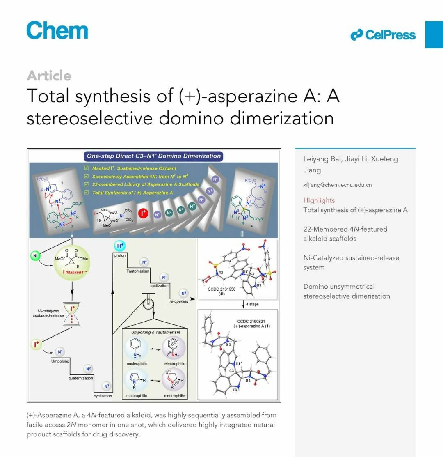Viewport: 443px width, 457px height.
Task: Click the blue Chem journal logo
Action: (57, 31)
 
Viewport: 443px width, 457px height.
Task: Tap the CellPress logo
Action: (383, 35)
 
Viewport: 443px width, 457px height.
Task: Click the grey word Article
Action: (49, 76)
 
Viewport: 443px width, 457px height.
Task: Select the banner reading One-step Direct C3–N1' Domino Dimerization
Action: (153, 156)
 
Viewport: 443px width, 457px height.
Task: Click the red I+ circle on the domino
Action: (144, 214)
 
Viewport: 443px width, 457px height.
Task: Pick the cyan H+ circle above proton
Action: (120, 246)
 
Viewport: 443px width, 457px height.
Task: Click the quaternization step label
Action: (81, 378)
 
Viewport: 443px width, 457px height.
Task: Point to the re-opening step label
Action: (179, 301)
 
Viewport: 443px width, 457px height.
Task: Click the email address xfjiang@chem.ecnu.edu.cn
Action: (338, 185)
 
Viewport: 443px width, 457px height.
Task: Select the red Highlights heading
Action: (319, 200)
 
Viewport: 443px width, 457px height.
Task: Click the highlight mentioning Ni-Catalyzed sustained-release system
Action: (351, 262)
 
